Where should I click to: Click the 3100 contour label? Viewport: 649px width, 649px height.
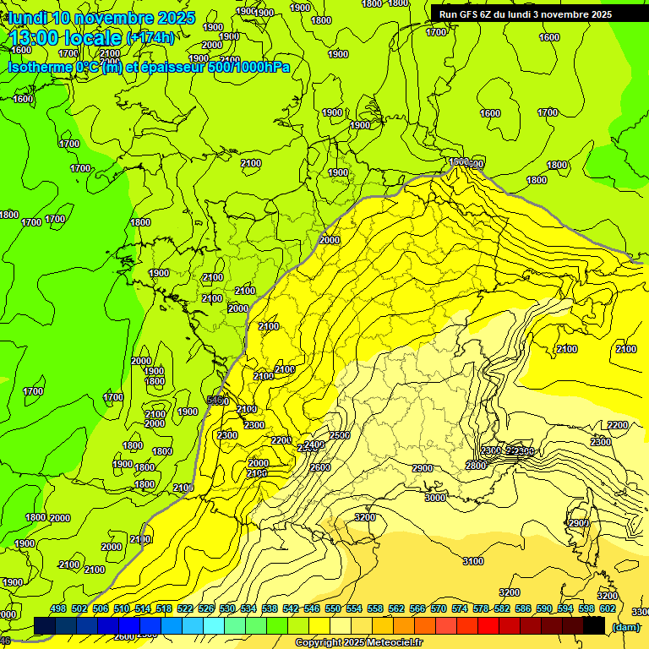pos(473,561)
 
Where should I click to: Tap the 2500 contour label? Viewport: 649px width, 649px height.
pos(340,435)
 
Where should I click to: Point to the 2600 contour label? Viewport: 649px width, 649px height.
pos(320,467)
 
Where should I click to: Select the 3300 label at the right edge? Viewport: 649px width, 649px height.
pos(641,611)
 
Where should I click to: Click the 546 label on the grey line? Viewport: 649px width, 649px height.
pos(218,401)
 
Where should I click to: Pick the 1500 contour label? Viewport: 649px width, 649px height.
pos(459,161)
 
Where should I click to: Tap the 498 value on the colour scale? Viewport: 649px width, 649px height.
pos(58,608)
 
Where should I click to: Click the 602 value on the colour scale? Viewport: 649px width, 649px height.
pos(607,608)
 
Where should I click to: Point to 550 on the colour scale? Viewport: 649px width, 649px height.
pos(333,608)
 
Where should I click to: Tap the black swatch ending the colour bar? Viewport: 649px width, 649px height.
pos(594,625)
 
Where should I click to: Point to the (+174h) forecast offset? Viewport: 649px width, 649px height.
pos(150,38)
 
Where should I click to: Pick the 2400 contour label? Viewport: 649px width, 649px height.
pos(314,444)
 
